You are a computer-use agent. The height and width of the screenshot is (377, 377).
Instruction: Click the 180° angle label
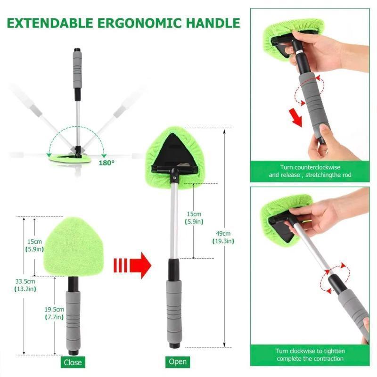tap(107, 163)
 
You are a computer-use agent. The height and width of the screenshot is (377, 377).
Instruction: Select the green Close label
tap(73, 362)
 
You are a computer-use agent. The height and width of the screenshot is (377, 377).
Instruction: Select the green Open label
tap(177, 362)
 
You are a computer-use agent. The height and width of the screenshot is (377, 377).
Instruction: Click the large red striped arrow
tap(132, 265)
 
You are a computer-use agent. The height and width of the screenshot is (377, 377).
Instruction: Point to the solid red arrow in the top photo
tap(296, 118)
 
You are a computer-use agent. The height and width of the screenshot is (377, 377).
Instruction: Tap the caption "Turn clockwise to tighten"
tap(310, 354)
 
